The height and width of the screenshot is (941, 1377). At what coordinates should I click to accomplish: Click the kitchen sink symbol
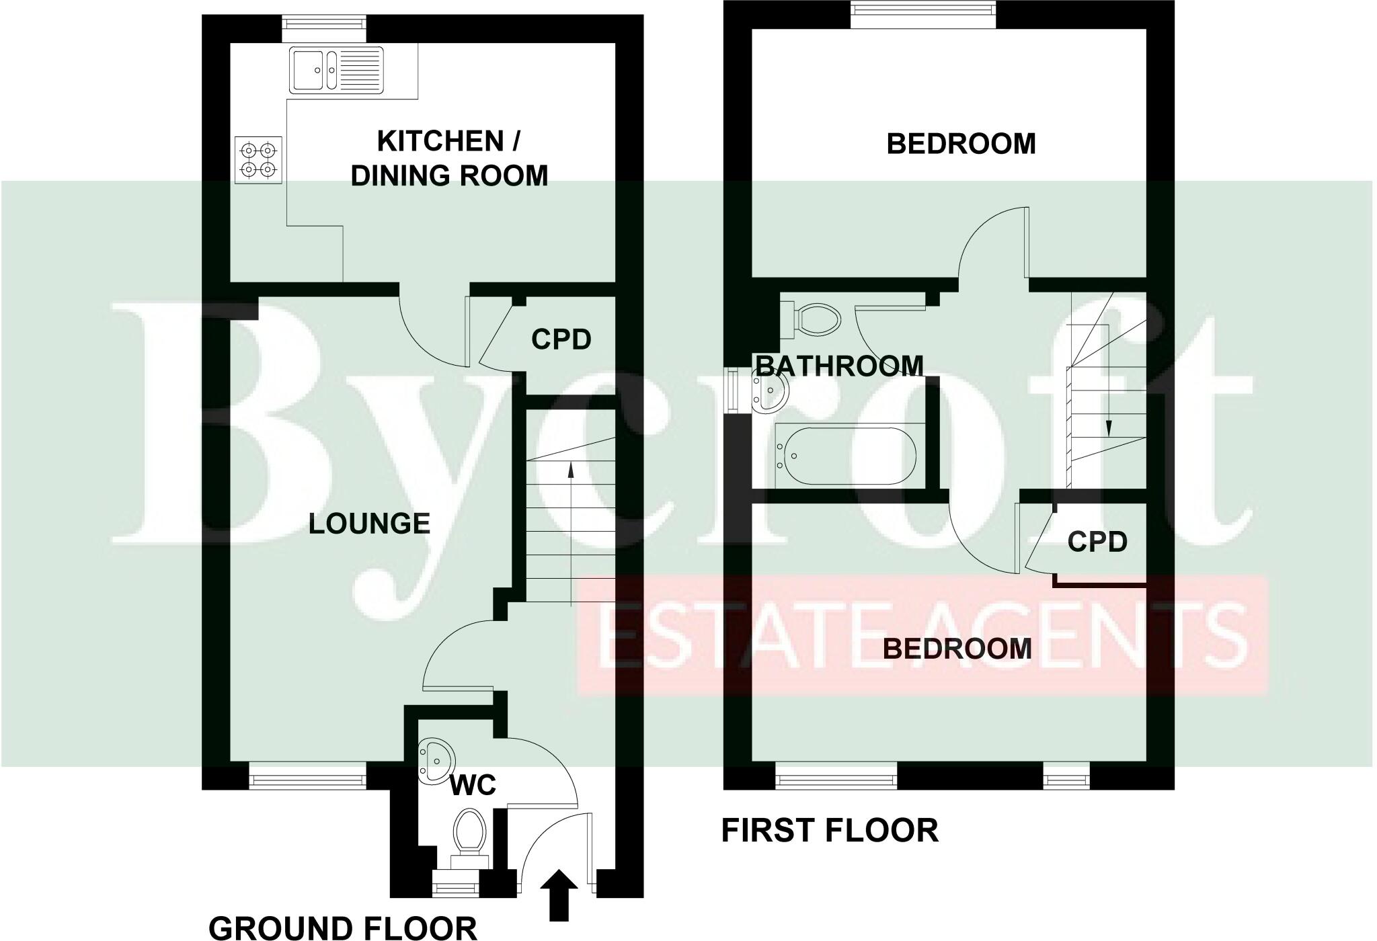(336, 69)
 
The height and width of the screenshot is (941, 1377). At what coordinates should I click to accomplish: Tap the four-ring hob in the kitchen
(258, 160)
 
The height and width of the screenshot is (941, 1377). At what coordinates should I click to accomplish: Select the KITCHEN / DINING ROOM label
(449, 159)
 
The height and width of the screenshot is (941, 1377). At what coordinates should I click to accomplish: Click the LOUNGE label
(369, 524)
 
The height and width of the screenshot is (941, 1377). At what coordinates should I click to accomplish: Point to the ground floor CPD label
(561, 339)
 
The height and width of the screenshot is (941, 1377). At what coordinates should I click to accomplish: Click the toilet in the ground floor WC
(469, 833)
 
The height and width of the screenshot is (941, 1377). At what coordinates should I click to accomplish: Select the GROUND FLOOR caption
(343, 928)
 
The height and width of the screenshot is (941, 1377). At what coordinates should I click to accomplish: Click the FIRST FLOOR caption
(830, 831)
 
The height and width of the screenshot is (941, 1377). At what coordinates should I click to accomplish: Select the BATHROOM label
(839, 366)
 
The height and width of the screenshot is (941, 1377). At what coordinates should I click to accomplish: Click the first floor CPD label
(1097, 541)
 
